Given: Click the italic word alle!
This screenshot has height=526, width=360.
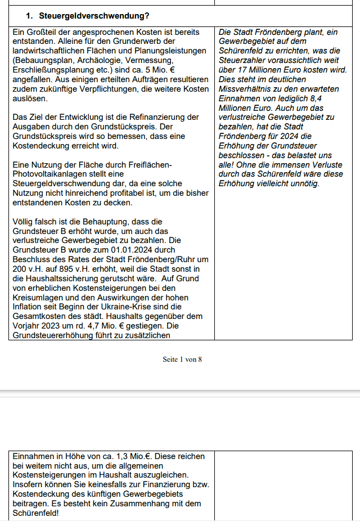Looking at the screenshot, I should tap(227, 165).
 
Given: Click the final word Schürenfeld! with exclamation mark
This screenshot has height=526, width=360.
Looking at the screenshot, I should tap(36, 514).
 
